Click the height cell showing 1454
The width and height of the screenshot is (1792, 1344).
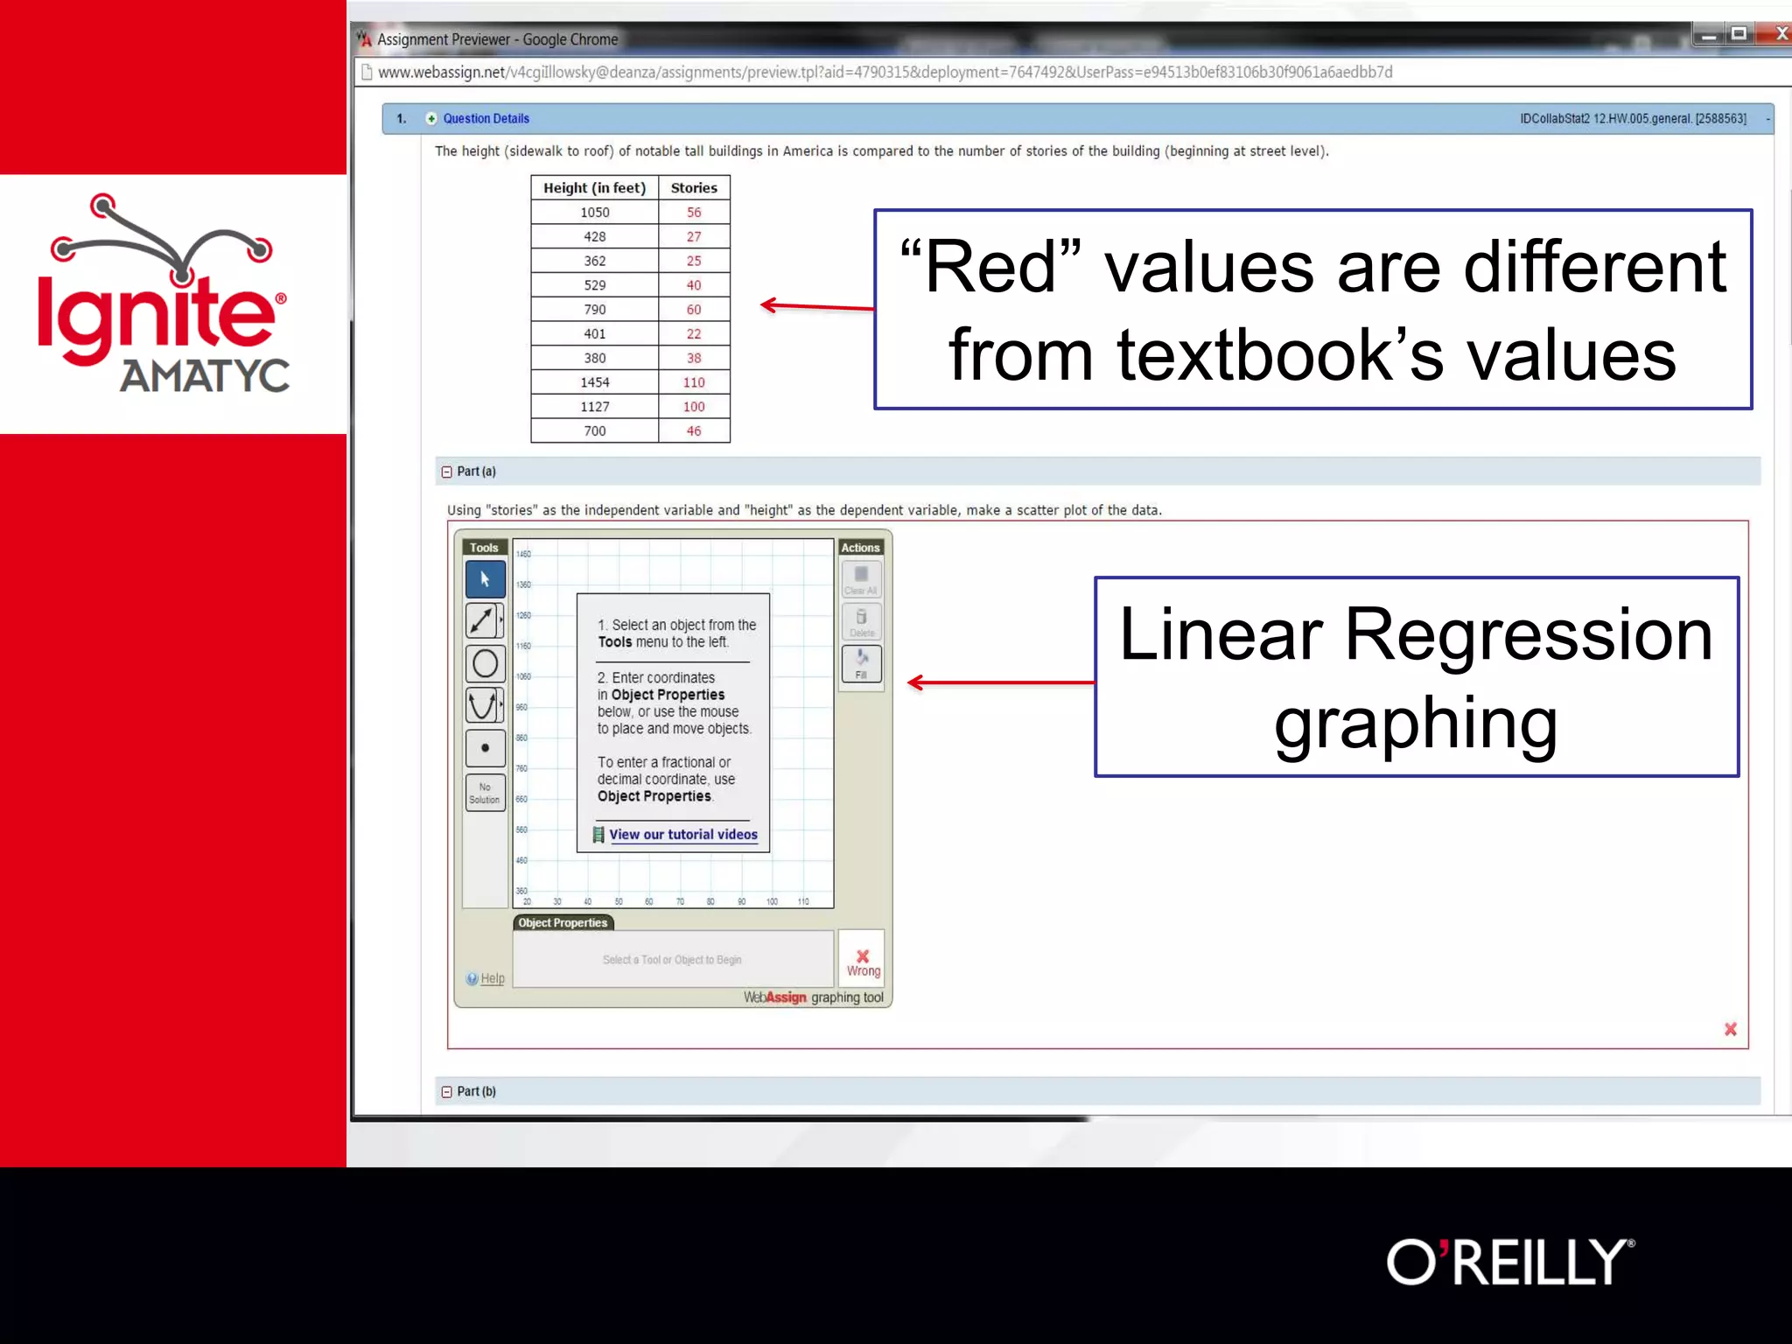tap(594, 382)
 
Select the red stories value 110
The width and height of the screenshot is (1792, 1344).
tap(693, 382)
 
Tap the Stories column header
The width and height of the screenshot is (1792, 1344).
tap(693, 188)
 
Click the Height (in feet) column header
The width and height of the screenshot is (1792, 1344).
tap(594, 188)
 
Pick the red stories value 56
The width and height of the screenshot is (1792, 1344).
tap(693, 213)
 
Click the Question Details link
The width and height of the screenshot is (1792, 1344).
tap(486, 119)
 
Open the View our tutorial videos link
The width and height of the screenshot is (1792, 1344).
tap(682, 835)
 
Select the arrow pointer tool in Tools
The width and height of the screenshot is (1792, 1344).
tap(485, 579)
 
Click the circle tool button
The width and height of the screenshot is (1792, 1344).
tap(485, 664)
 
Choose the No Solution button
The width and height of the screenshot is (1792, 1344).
tap(485, 793)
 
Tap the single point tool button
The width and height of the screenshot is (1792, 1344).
tap(485, 748)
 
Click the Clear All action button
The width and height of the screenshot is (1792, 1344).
tap(861, 579)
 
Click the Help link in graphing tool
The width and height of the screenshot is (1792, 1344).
tap(492, 978)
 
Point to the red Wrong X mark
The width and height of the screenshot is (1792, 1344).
tap(863, 957)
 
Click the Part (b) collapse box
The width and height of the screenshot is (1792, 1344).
tap(447, 1092)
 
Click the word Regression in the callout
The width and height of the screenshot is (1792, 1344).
tap(1528, 635)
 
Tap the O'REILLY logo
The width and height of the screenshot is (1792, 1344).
tap(1510, 1262)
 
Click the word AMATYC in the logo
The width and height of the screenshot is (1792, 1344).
tap(205, 376)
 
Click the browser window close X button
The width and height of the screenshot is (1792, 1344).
tap(1781, 34)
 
